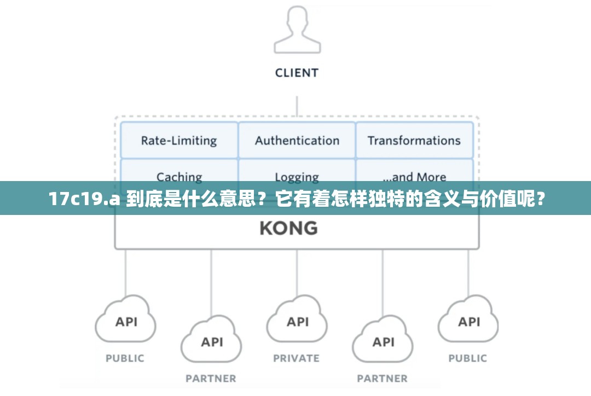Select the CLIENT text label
click(x=297, y=73)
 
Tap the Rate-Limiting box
click(x=179, y=141)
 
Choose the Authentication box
click(x=297, y=141)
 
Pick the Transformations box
click(x=414, y=141)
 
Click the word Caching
click(x=179, y=176)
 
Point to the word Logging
click(x=297, y=176)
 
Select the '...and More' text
click(x=414, y=176)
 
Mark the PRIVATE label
click(x=297, y=359)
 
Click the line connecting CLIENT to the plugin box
click(x=297, y=106)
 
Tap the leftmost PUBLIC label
click(x=125, y=359)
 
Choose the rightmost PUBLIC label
click(x=468, y=359)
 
